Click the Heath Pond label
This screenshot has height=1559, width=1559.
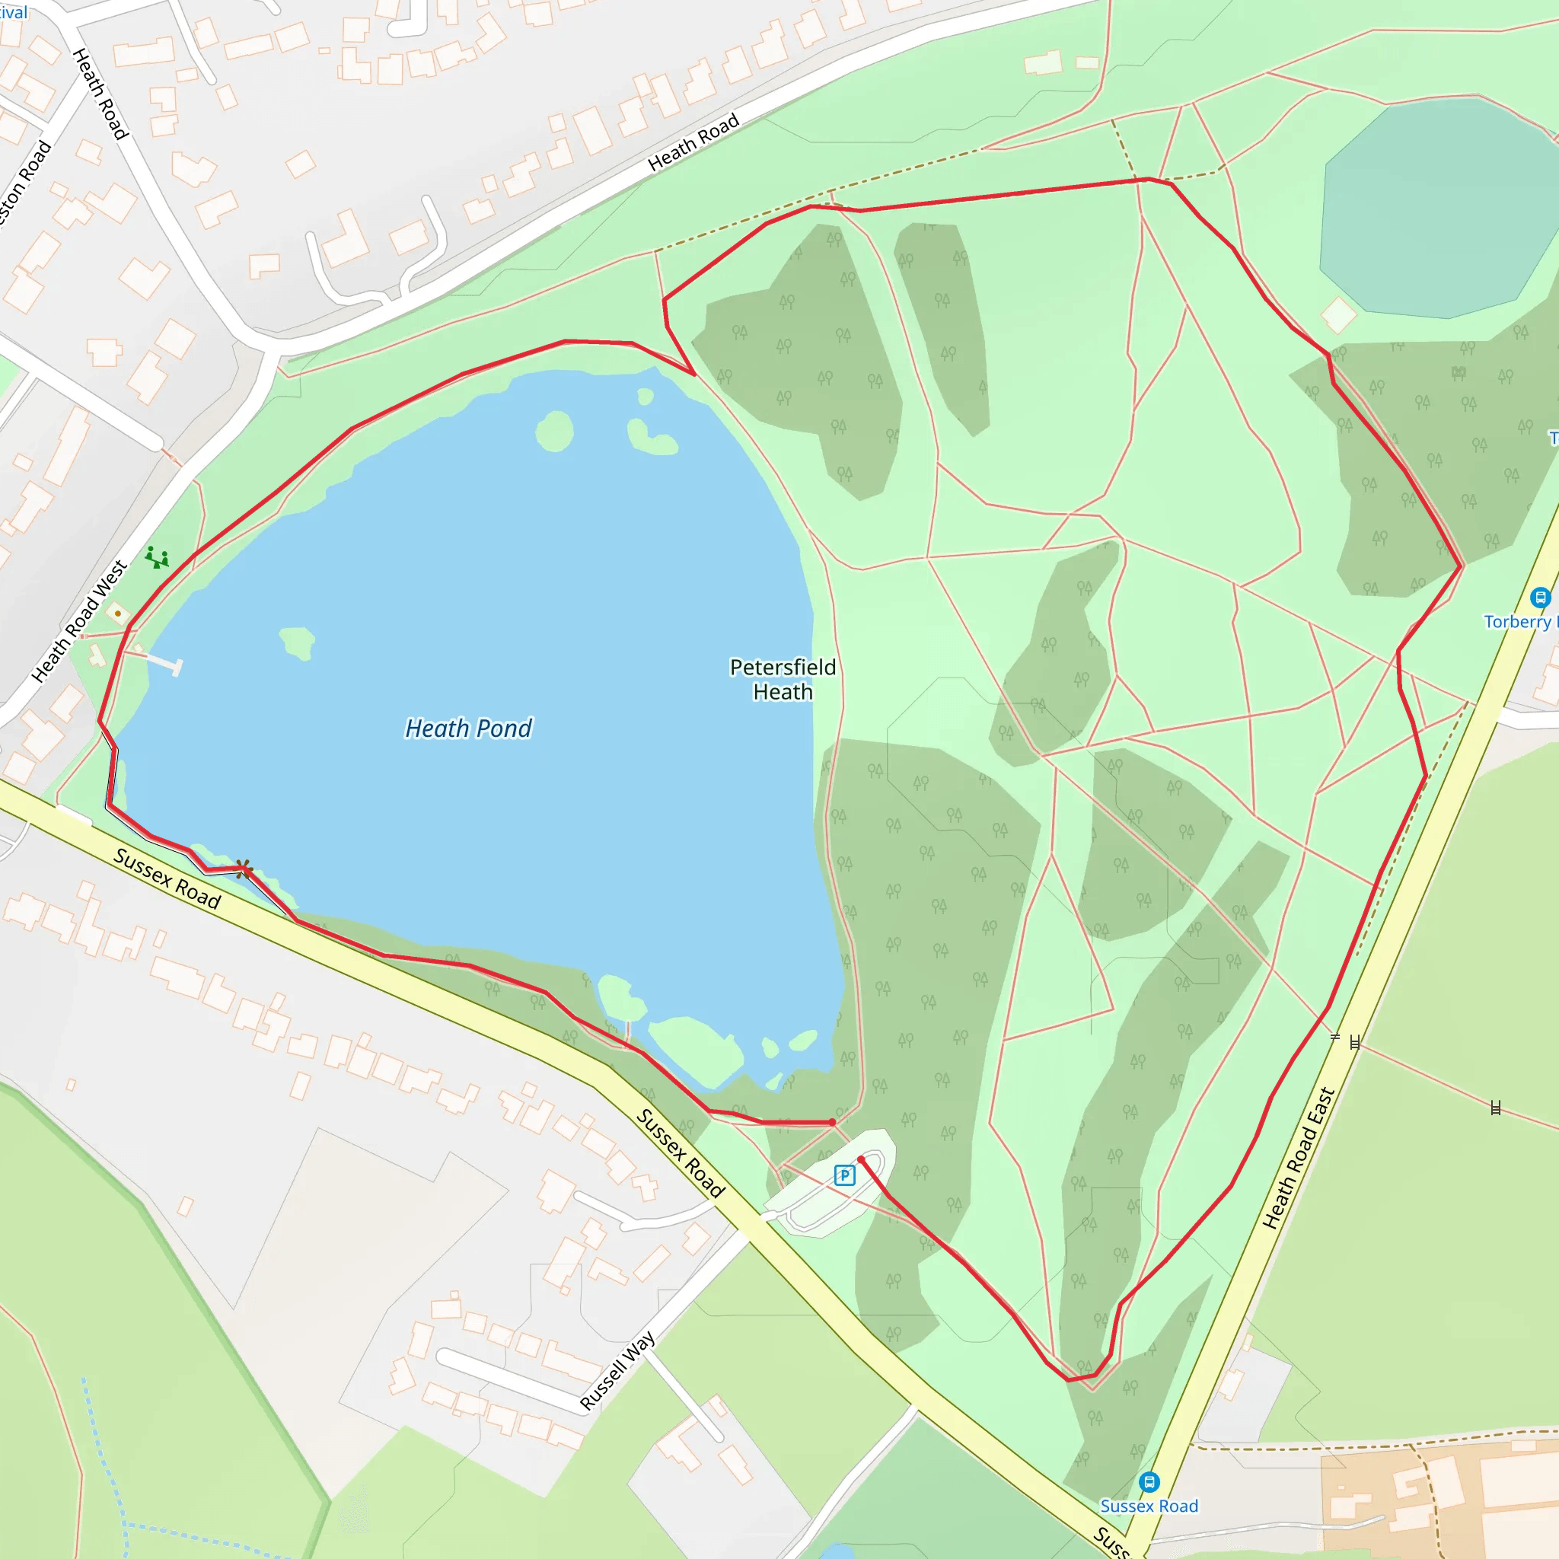[468, 728]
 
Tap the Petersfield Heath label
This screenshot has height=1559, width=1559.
[782, 680]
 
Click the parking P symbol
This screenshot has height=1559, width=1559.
[844, 1175]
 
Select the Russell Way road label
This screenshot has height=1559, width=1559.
[617, 1371]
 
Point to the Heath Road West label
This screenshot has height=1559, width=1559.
[79, 621]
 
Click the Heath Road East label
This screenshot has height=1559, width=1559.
[1299, 1159]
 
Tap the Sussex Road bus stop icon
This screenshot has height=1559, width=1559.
[1149, 1482]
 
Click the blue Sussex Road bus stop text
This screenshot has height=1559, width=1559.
[1149, 1506]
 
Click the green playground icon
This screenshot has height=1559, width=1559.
[157, 556]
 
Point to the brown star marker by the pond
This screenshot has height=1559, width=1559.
[243, 869]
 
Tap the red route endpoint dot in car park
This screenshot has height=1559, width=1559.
[861, 1159]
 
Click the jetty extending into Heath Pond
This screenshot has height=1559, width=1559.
[161, 661]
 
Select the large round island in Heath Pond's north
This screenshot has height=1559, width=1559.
[554, 431]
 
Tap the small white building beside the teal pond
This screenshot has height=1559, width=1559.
[1339, 314]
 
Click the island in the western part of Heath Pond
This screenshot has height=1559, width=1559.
[297, 642]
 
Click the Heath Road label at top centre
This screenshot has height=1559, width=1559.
[693, 142]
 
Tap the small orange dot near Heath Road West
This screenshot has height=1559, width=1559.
[118, 614]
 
